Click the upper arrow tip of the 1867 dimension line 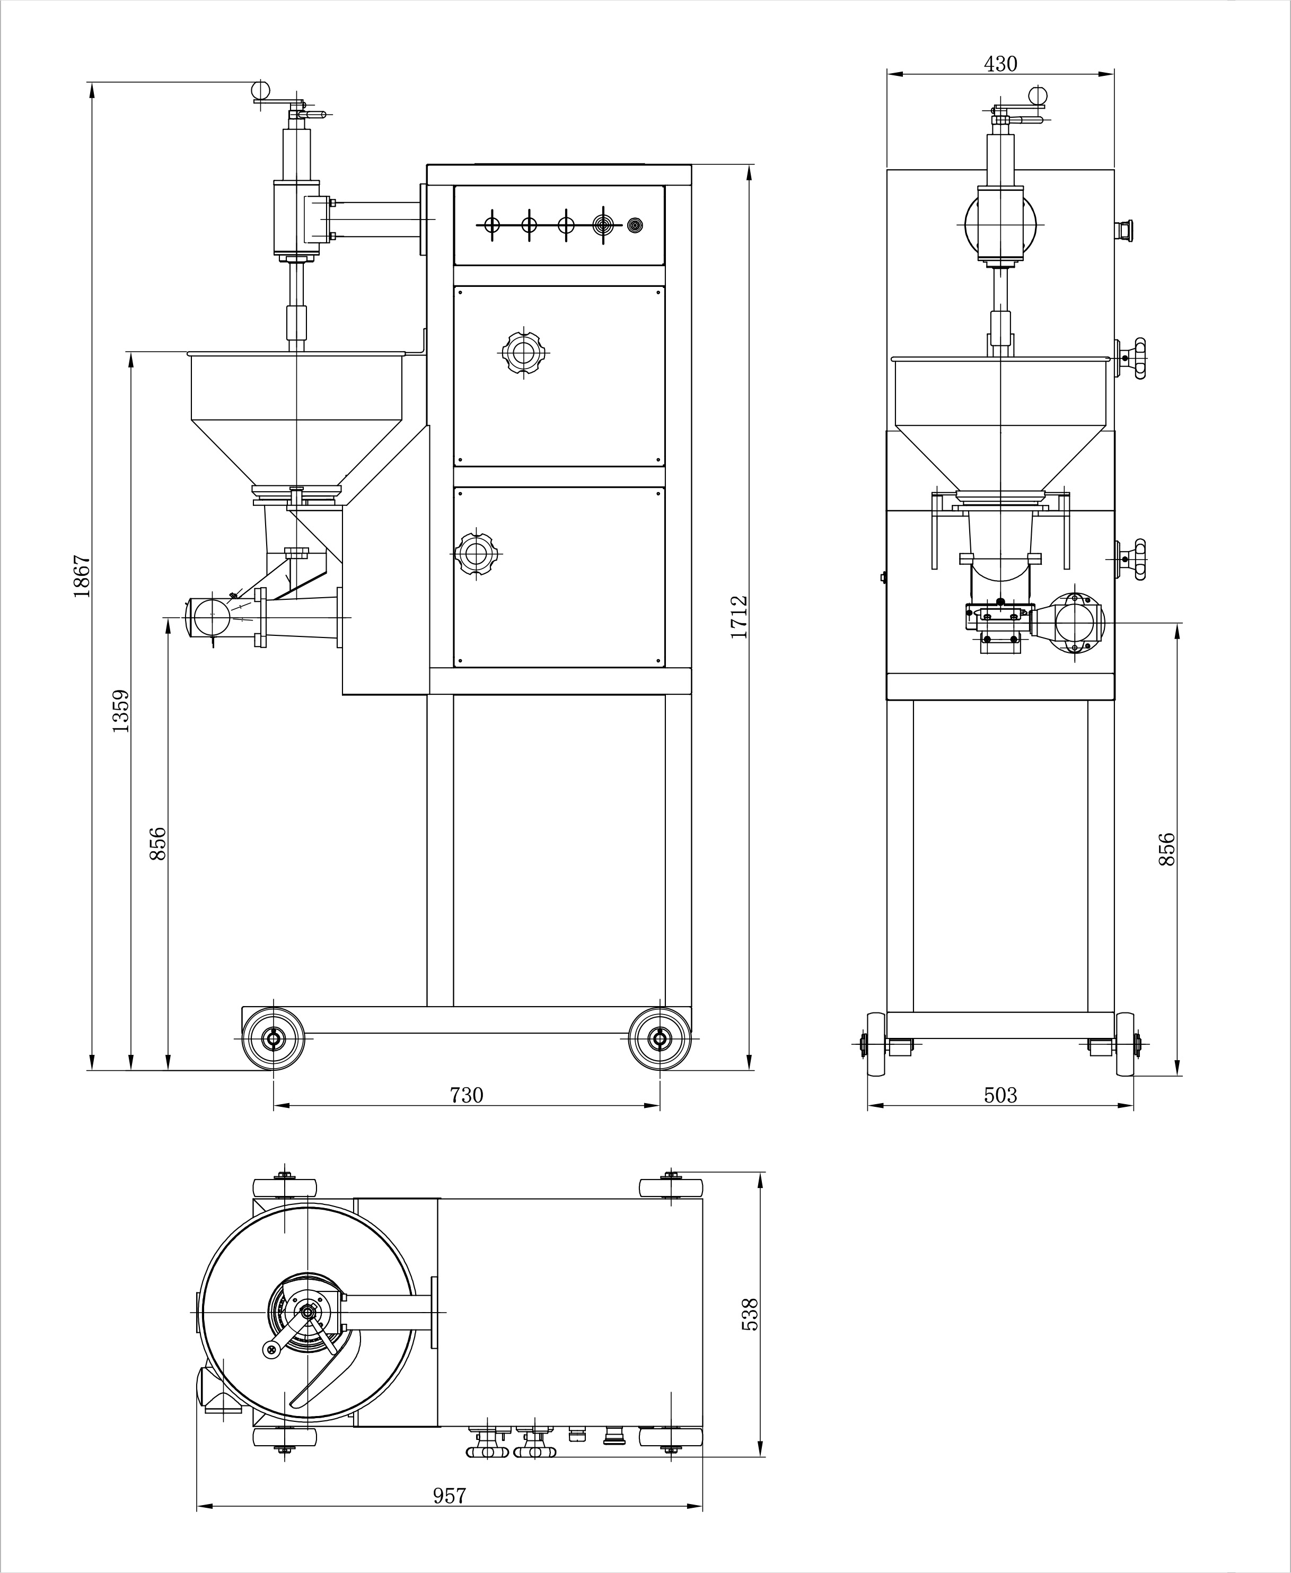(92, 81)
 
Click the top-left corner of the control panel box (454, 186)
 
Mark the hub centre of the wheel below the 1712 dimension (659, 1039)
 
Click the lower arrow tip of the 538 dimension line (760, 1456)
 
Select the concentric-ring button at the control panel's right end (634, 225)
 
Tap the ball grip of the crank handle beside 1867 (260, 90)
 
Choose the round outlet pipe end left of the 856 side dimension (213, 616)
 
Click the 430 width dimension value (1000, 64)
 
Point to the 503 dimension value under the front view (1000, 1095)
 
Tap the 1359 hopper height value (121, 711)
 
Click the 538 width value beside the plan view (750, 1314)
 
